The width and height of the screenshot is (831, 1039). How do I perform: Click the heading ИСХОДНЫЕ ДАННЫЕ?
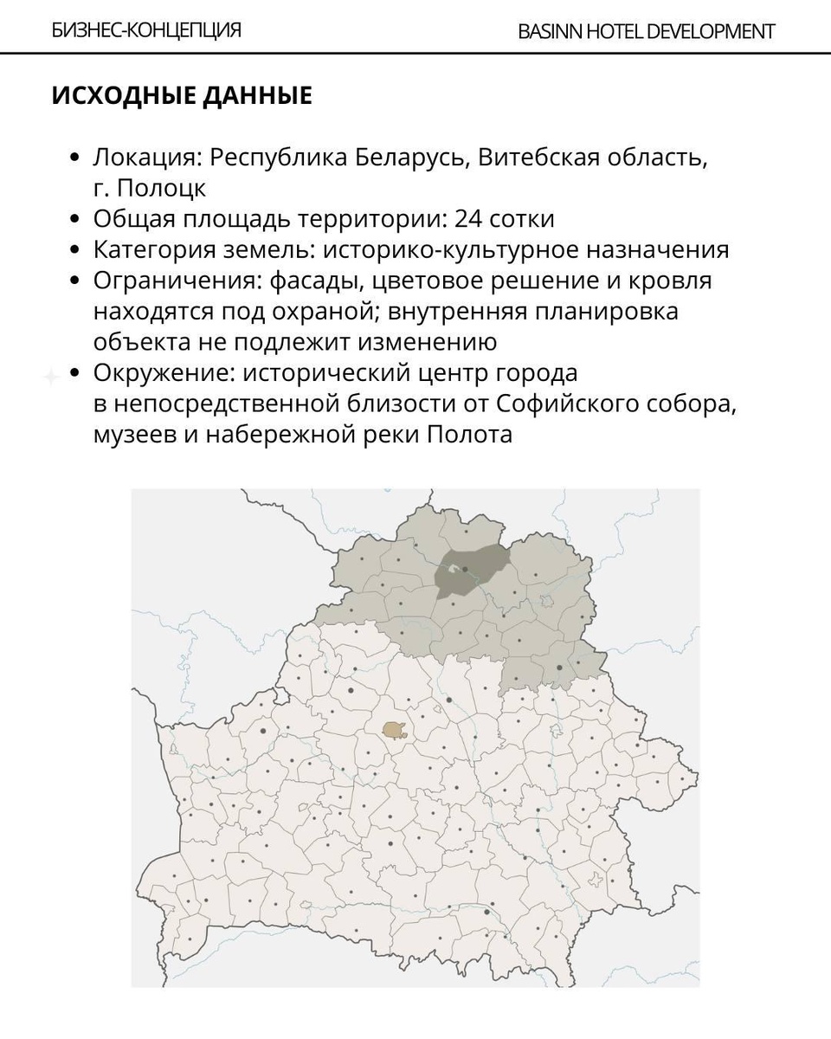click(182, 95)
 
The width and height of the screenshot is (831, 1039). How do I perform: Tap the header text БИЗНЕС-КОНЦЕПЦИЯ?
click(146, 30)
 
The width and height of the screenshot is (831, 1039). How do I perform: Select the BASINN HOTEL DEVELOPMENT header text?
click(646, 32)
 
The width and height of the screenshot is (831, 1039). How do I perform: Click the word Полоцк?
click(162, 188)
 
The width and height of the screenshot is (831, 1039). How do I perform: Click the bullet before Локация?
click(74, 158)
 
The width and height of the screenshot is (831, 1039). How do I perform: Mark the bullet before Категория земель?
click(74, 250)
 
